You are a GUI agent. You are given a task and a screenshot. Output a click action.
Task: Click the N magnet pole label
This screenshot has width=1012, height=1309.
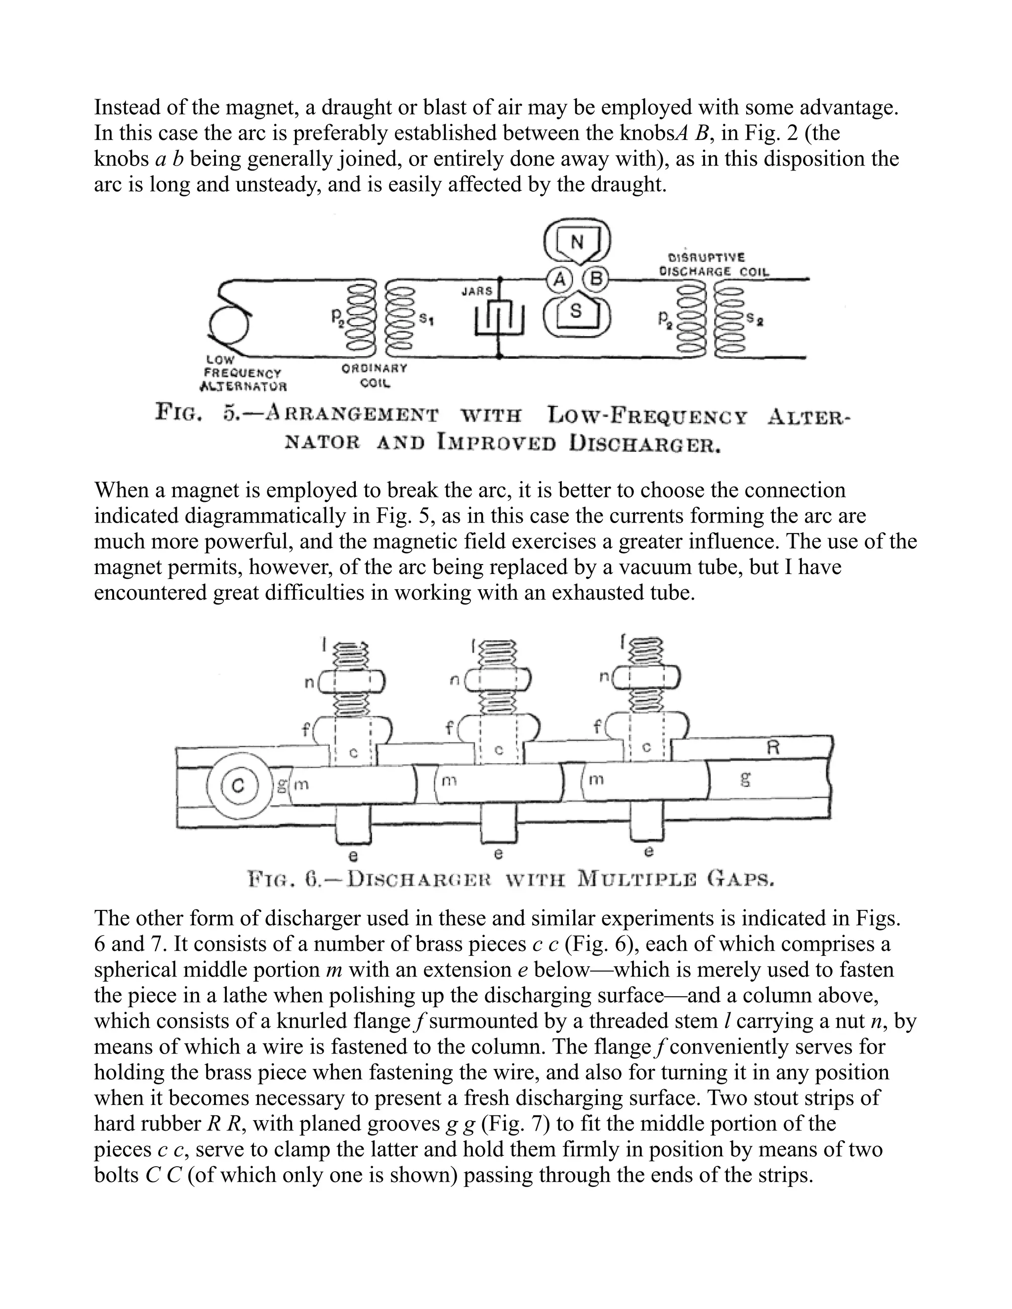[x=577, y=242]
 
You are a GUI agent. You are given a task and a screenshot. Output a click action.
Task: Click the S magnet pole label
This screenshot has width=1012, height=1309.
[x=576, y=311]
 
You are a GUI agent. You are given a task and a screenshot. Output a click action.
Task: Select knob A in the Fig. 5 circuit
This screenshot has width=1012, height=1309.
[x=560, y=279]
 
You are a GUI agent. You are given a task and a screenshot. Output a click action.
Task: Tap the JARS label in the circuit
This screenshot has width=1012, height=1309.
[x=477, y=291]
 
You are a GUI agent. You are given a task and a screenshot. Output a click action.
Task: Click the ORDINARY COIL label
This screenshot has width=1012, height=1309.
[x=374, y=376]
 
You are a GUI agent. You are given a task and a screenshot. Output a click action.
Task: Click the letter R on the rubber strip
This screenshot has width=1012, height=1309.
[x=773, y=747]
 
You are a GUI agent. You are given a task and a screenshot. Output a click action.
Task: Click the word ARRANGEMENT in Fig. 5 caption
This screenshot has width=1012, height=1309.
[x=352, y=414]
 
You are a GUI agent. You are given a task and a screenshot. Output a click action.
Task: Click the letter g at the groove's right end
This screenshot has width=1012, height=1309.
[x=745, y=780]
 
